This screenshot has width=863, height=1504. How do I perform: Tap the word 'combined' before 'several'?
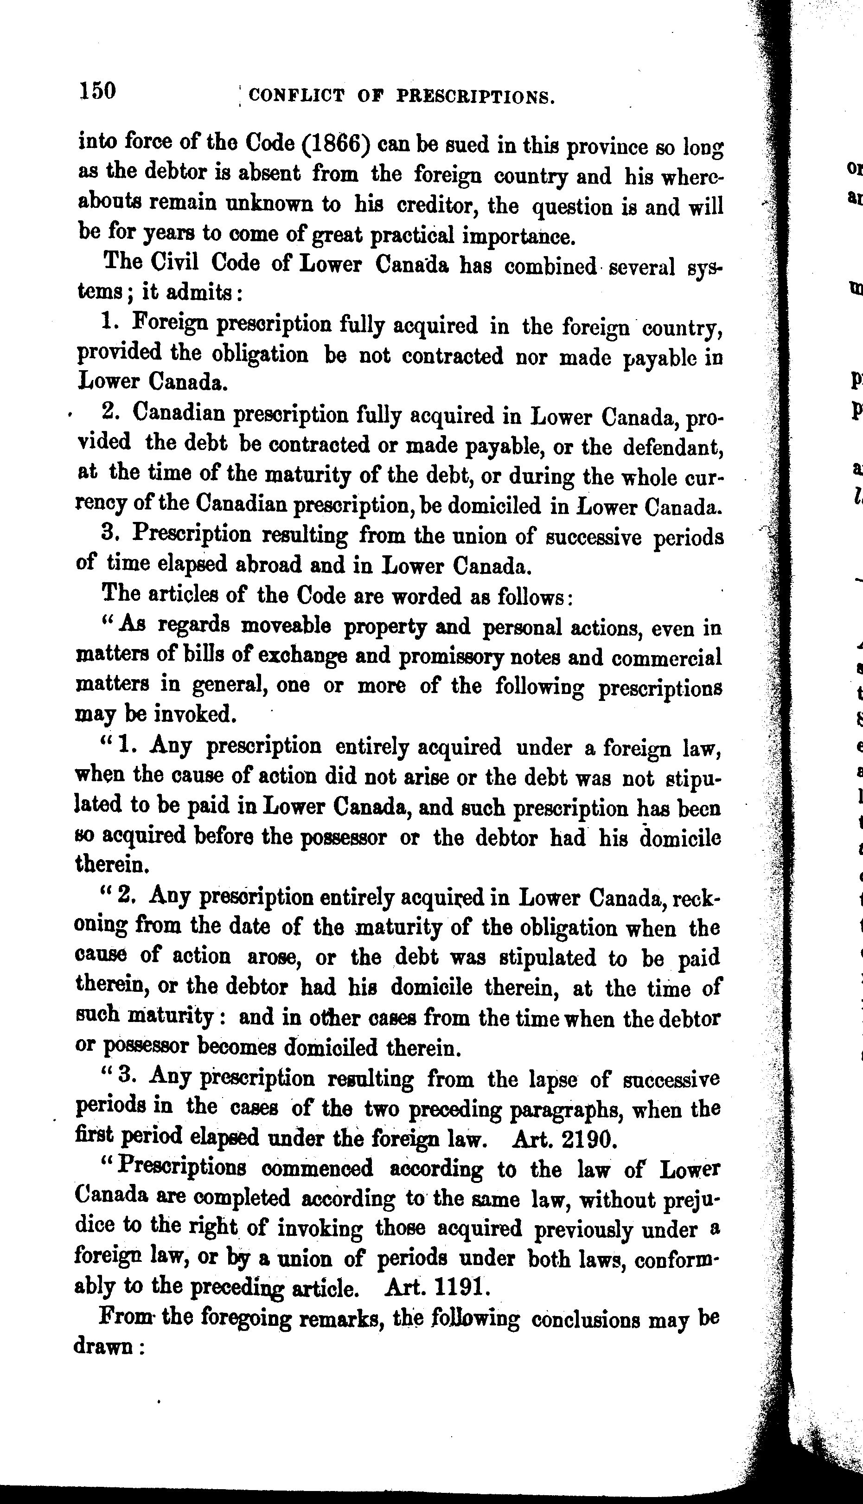[550, 267]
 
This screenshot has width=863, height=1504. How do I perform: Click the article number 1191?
[460, 1285]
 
